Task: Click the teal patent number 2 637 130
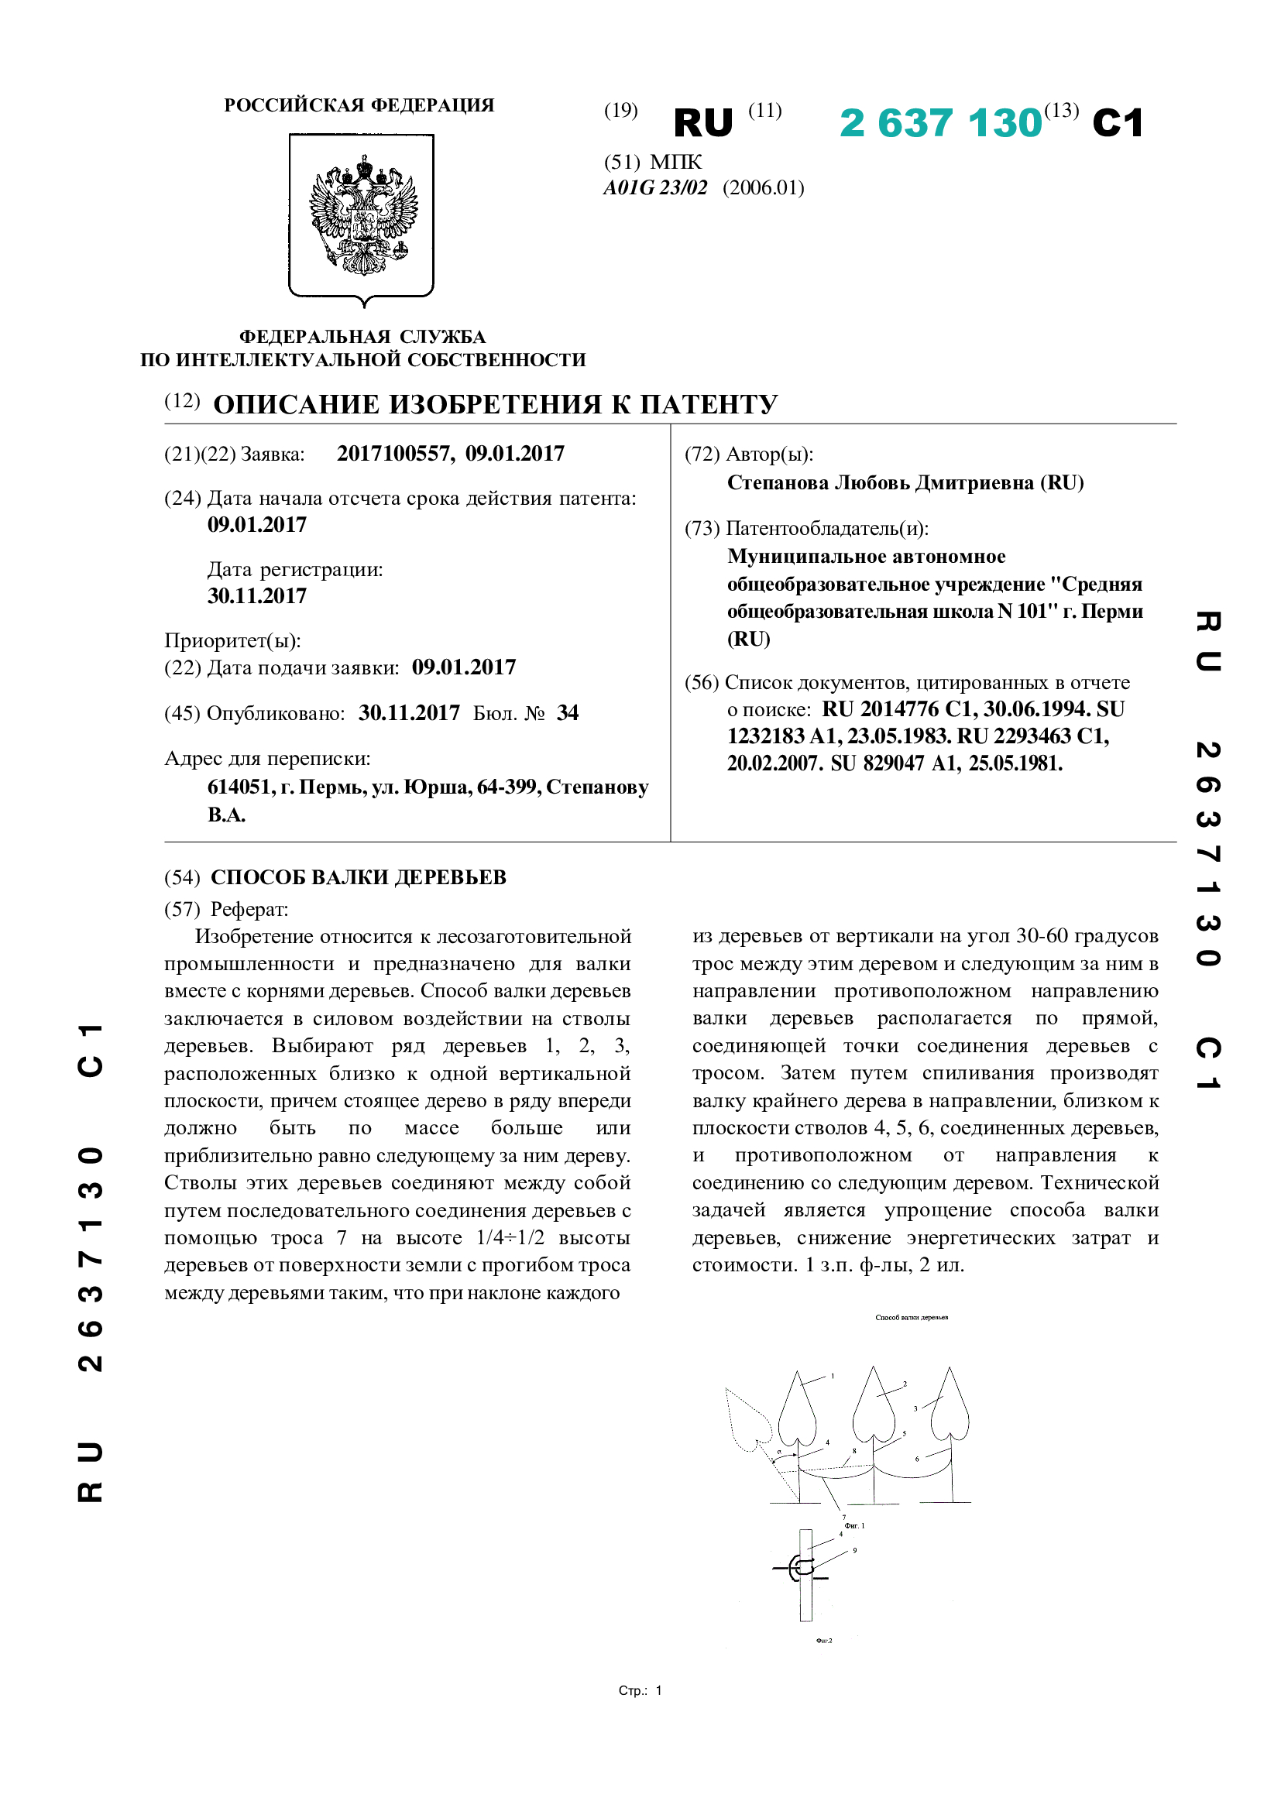pos(941,123)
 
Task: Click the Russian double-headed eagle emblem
pos(362,214)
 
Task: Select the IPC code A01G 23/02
pos(654,187)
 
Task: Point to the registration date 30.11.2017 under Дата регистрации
pos(257,595)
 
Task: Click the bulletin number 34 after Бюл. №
pos(567,713)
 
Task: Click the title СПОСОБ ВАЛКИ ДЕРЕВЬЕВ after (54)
pos(358,877)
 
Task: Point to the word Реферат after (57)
pos(249,910)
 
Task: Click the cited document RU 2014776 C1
pos(895,709)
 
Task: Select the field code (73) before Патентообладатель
pos(701,528)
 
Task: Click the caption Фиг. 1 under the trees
pos(854,1525)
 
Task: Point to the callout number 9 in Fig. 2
pos(854,1551)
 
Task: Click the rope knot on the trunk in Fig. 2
pos(802,1568)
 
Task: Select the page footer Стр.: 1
pos(640,1690)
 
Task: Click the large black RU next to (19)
pos(703,123)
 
